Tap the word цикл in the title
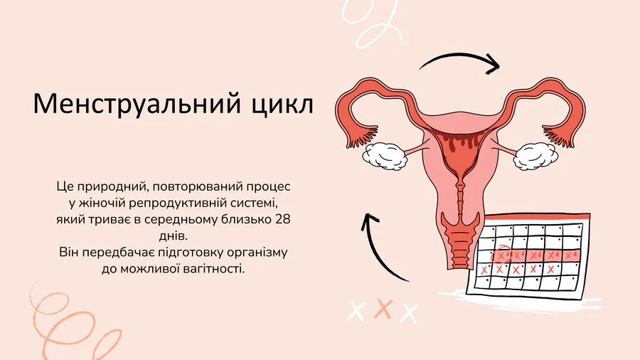pos(282,105)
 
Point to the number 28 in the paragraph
pos(283,219)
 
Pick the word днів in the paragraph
pos(173,235)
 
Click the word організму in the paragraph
pos(257,253)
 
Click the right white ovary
pos(535,156)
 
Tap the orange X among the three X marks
pos(383,309)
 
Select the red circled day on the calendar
pos(501,255)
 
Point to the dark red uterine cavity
pos(460,153)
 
